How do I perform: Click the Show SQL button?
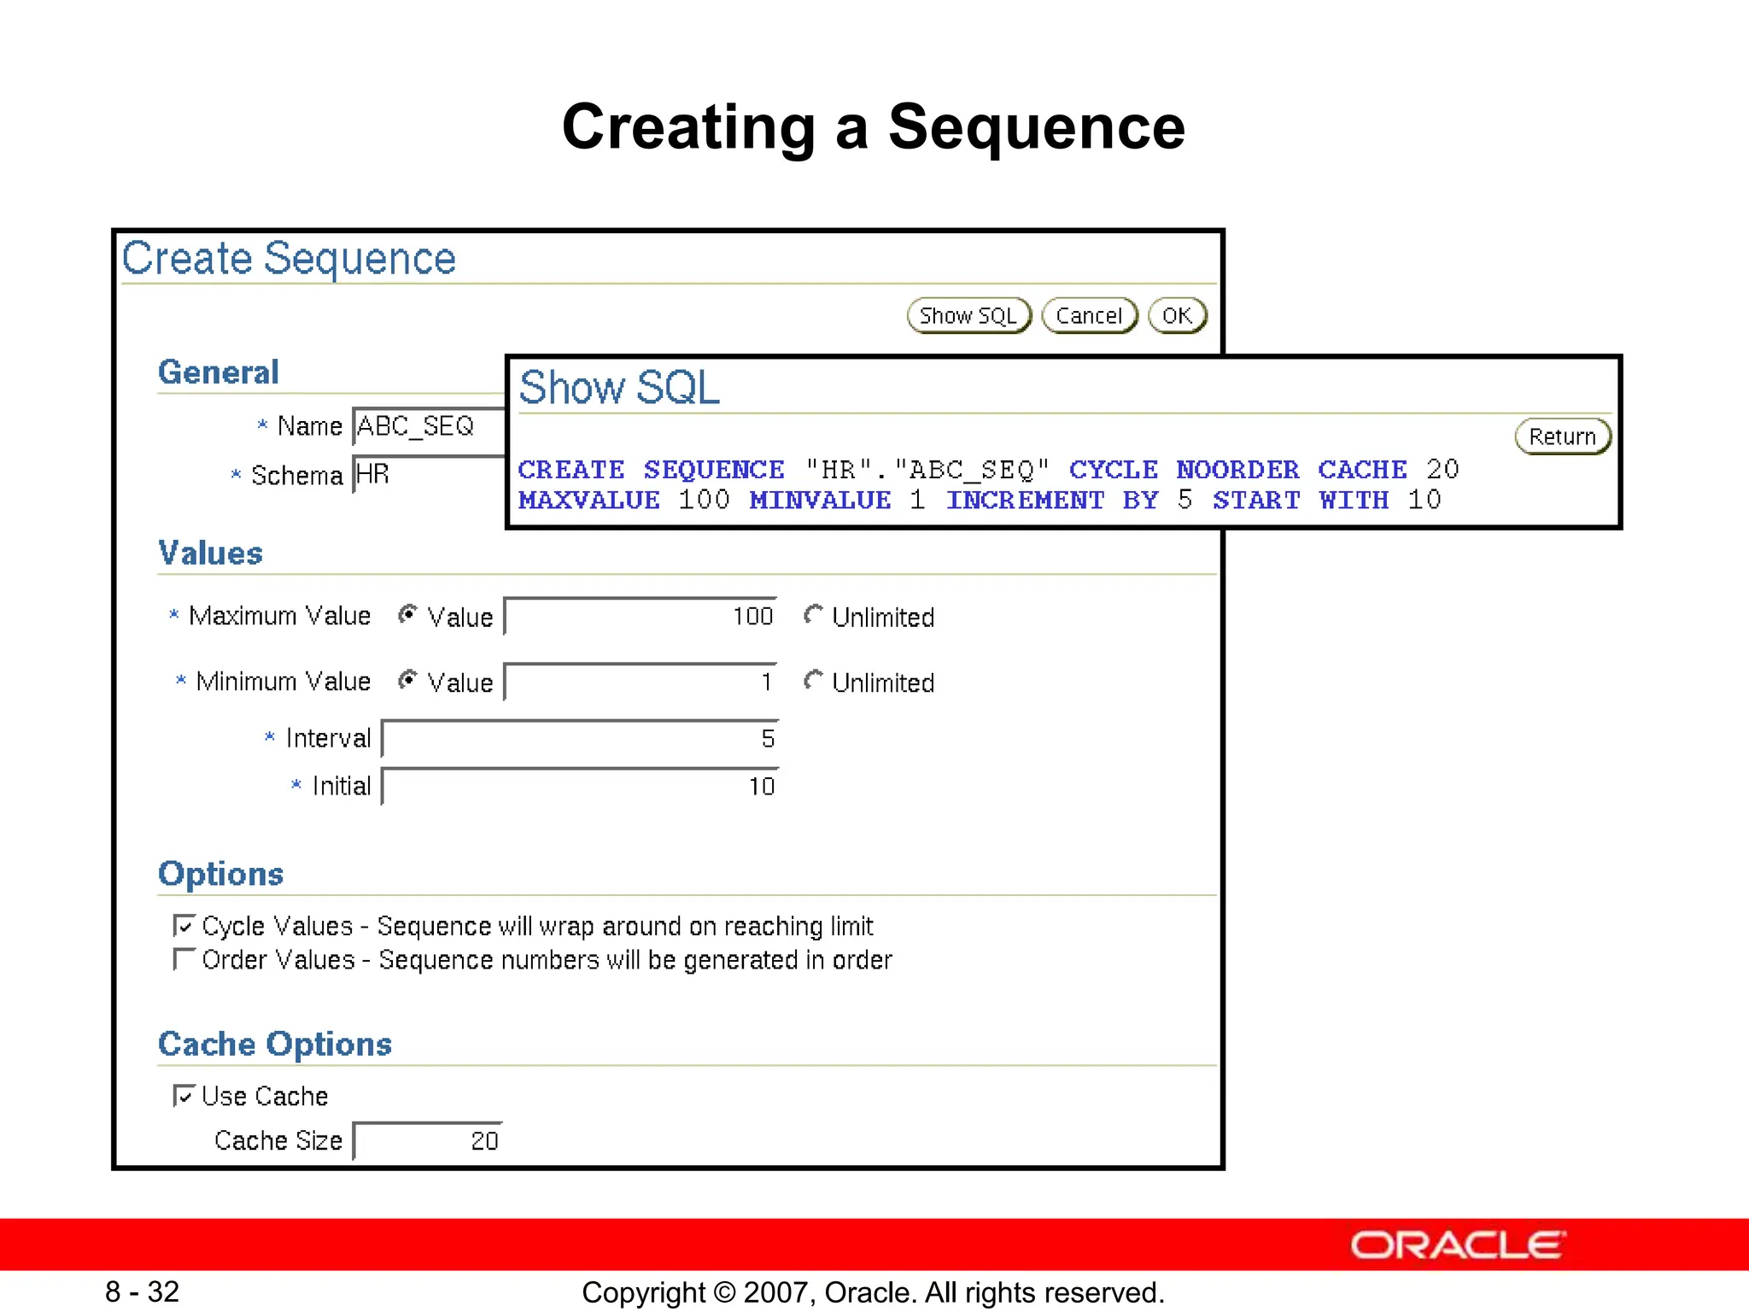click(x=968, y=316)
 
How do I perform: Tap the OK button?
click(x=1177, y=316)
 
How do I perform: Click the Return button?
click(x=1562, y=436)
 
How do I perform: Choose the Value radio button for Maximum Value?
click(x=408, y=615)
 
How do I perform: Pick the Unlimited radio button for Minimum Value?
click(x=813, y=681)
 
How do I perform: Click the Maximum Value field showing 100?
click(x=641, y=617)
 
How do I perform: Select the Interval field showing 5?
click(x=580, y=739)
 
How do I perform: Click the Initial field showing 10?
click(x=580, y=787)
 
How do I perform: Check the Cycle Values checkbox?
click(x=184, y=926)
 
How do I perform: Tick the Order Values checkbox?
click(x=184, y=959)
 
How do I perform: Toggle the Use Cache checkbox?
click(x=184, y=1096)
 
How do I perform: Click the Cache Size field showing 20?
click(x=428, y=1141)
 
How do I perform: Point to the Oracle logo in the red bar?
click(x=1458, y=1245)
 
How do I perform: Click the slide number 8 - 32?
click(x=143, y=1291)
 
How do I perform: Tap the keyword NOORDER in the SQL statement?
click(x=1237, y=470)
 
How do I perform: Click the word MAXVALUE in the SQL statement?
click(x=589, y=501)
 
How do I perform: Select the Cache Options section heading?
click(x=275, y=1044)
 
